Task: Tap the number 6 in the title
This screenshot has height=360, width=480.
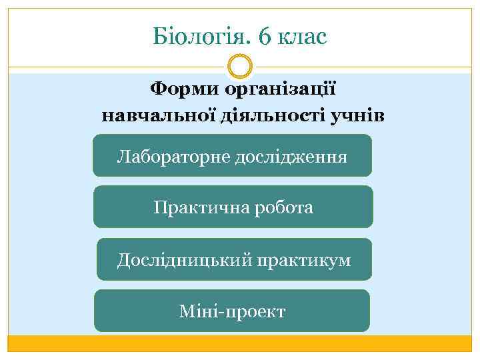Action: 264,36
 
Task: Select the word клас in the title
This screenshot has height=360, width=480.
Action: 303,36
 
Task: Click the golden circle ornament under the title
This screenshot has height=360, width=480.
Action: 240,67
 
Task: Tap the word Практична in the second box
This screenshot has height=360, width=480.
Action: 196,207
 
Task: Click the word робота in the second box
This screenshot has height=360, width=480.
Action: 281,207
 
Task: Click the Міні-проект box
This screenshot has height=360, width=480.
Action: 232,311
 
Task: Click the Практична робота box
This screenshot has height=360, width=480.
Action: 233,207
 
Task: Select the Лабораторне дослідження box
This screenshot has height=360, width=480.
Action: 232,155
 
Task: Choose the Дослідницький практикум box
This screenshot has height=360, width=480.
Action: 234,259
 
